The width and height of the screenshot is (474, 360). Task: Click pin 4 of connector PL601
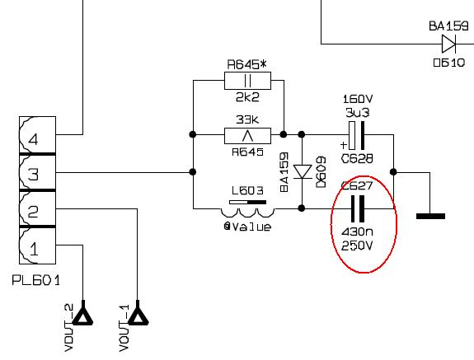point(37,135)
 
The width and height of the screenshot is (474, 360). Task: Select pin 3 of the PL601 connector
point(37,172)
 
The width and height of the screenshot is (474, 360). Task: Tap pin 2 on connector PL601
point(37,208)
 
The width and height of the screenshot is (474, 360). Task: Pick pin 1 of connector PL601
point(37,245)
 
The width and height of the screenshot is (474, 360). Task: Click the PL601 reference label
point(36,281)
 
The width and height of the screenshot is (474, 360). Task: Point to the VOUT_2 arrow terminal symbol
point(82,314)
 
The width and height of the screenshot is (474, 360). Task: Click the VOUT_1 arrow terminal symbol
point(138,314)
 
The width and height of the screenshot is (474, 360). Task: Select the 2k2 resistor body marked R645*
point(247,81)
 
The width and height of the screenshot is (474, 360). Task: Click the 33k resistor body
point(247,136)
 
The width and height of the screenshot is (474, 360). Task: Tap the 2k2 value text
point(247,97)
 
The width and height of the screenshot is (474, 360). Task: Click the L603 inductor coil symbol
point(247,213)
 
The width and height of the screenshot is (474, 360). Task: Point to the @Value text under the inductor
point(247,227)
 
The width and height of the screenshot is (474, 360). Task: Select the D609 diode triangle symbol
point(303,172)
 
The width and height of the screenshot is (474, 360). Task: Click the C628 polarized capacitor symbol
point(357,135)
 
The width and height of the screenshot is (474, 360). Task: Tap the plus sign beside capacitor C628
point(344,145)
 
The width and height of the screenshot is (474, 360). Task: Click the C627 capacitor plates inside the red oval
point(358,208)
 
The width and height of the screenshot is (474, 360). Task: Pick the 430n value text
point(357,232)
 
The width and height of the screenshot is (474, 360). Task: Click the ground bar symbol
point(430,216)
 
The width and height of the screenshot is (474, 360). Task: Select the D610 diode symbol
point(449,44)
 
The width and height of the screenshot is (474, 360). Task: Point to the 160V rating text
point(358,99)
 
